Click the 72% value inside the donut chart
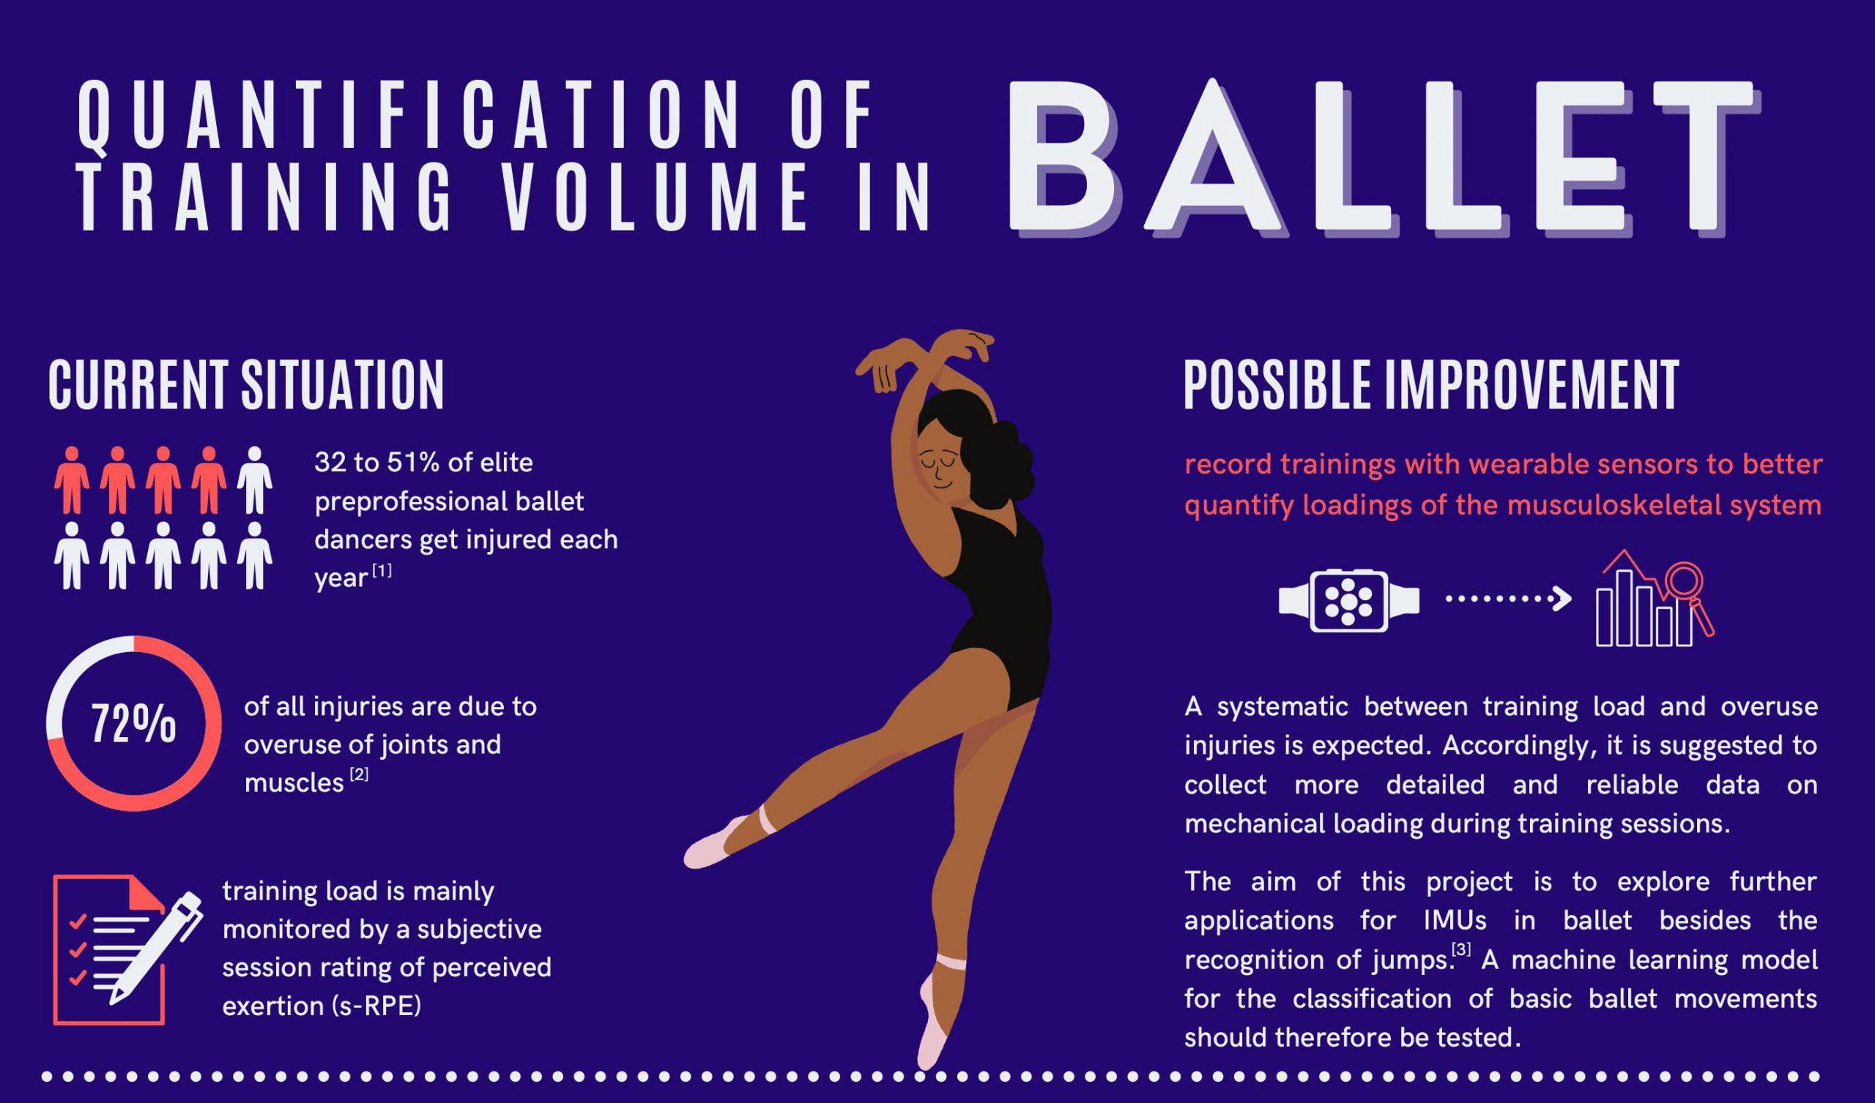134,723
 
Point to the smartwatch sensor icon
1349,601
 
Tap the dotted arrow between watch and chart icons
1507,599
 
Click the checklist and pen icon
127,950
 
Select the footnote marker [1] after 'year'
381,570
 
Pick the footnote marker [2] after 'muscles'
359,775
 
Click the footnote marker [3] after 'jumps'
1461,950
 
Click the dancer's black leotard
997,625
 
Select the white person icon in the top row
254,480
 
